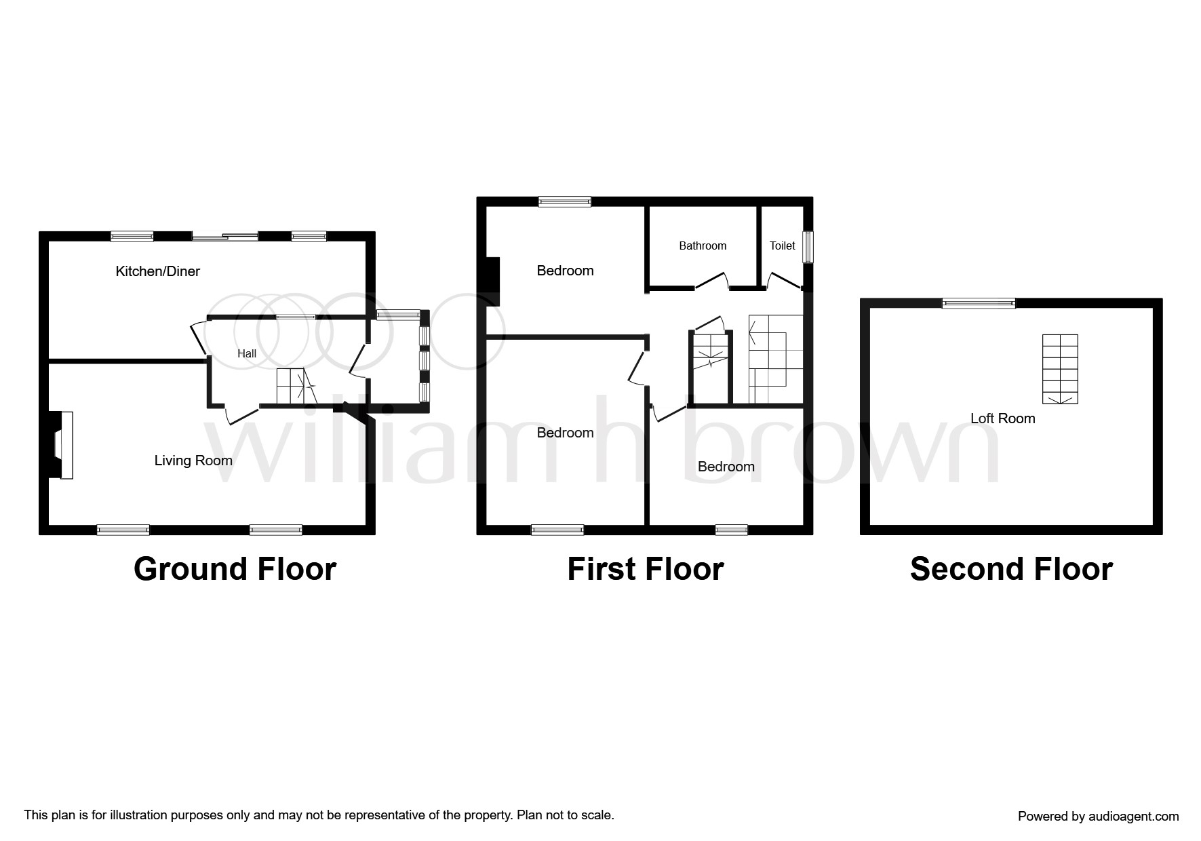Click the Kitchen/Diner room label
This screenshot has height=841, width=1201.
click(158, 271)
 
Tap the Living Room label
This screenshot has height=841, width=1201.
click(193, 461)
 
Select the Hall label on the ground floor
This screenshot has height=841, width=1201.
click(247, 353)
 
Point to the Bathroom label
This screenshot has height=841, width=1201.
click(703, 246)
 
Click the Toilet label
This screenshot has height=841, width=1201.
click(783, 246)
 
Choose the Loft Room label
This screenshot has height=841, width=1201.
click(1003, 418)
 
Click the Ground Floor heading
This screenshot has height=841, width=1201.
click(235, 569)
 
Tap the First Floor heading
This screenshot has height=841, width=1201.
click(646, 569)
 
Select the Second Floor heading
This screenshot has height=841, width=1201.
click(1011, 569)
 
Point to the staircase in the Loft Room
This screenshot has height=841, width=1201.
click(1060, 369)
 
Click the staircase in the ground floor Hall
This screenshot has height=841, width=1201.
click(296, 387)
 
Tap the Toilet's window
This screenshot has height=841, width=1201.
click(808, 248)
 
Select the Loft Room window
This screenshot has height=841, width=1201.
click(979, 303)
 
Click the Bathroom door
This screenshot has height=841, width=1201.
click(711, 281)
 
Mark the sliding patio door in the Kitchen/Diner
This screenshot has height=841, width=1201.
click(225, 237)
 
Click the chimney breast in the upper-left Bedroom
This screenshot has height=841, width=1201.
click(492, 281)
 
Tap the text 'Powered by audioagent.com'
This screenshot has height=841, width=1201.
click(1099, 817)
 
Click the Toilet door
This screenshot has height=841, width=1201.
click(784, 281)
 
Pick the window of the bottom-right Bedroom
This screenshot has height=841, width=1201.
click(732, 530)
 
